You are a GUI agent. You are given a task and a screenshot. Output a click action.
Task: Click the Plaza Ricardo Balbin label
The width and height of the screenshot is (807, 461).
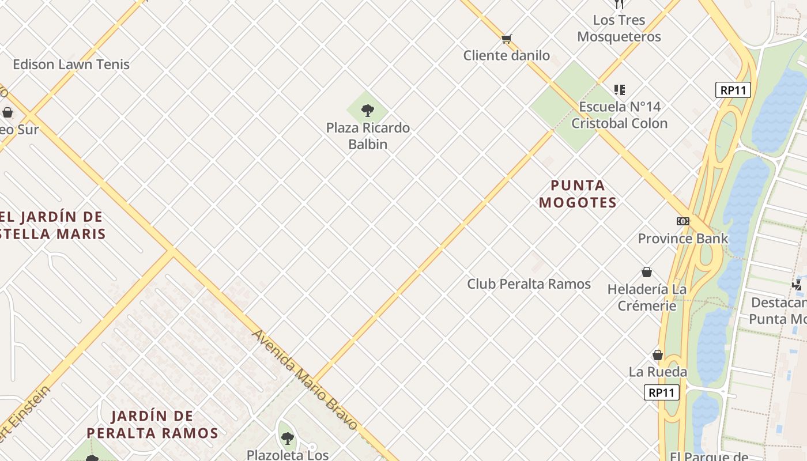(368, 136)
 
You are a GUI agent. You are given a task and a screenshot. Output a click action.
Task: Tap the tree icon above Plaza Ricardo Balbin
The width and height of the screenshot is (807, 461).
(367, 110)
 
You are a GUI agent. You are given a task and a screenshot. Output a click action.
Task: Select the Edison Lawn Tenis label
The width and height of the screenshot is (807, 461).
(71, 65)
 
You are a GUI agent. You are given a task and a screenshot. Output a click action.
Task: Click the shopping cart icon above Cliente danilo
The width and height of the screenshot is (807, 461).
(506, 39)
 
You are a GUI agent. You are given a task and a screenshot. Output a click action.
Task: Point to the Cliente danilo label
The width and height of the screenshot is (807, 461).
(507, 56)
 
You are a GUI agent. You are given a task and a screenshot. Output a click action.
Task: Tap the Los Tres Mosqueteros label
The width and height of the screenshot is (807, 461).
(619, 28)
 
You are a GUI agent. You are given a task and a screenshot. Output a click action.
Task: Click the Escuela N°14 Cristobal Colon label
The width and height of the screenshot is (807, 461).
(620, 115)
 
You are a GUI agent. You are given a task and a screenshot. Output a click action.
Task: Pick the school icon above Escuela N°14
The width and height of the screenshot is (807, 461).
(620, 90)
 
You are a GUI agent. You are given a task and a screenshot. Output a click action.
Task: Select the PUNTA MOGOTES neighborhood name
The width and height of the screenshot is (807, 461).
(578, 194)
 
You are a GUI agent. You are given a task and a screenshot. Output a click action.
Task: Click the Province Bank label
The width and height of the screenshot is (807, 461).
(683, 239)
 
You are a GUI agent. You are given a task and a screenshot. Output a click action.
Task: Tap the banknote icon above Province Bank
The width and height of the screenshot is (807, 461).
(683, 221)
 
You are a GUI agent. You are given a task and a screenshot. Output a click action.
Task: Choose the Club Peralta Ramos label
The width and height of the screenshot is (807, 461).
(529, 284)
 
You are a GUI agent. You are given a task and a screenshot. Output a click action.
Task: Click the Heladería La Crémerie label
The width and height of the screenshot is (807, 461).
(647, 297)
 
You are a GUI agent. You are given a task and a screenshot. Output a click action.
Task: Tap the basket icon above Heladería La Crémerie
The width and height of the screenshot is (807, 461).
(647, 272)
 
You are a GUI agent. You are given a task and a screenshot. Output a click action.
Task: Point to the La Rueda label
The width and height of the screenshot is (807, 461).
(658, 372)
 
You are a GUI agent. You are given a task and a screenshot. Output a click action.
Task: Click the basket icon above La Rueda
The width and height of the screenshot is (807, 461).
(658, 355)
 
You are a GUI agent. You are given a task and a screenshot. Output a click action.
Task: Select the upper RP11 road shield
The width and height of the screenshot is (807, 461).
(733, 90)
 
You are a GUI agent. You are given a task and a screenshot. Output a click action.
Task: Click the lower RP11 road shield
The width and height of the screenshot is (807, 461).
(661, 393)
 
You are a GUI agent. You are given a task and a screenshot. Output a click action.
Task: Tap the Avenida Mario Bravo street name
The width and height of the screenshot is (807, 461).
(305, 380)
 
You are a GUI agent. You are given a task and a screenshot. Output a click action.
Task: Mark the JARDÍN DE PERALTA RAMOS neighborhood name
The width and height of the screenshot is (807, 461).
(152, 425)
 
